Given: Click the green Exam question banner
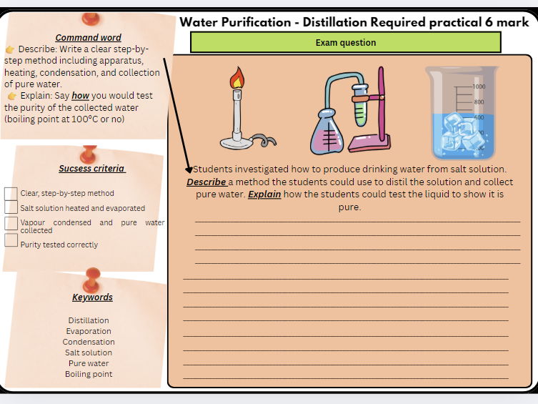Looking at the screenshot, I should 346,42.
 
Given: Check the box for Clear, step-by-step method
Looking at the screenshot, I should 11,194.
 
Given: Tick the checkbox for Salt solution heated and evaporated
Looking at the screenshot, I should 11,207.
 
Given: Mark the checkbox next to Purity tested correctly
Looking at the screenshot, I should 11,240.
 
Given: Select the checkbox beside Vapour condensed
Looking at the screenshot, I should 11,223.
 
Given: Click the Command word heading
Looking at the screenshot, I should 88,37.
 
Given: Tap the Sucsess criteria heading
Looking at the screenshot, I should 91,169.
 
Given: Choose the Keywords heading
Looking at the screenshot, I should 92,297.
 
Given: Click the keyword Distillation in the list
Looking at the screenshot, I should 89,320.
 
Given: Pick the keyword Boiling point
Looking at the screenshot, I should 89,374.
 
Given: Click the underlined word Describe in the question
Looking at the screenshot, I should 206,182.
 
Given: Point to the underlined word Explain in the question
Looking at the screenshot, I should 264,194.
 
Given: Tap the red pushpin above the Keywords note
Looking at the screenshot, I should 91,275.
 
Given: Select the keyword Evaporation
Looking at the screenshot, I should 89,331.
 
